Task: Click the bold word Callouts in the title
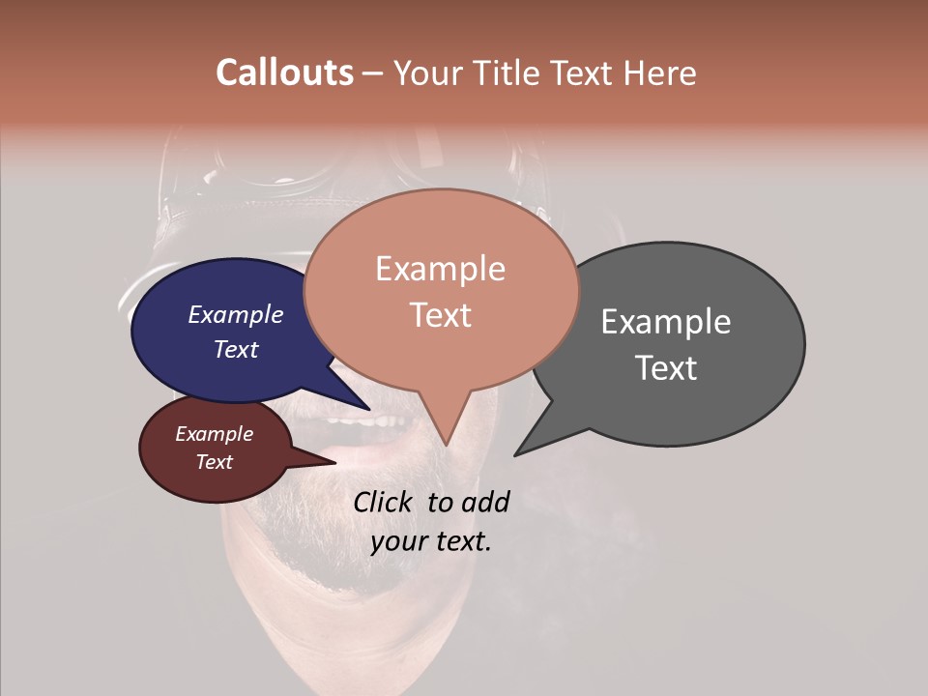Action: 284,72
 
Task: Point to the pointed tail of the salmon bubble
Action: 445,430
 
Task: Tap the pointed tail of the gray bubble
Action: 527,445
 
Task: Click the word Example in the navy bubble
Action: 236,315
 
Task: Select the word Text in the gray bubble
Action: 666,368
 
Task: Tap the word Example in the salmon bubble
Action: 440,269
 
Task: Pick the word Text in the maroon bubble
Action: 215,462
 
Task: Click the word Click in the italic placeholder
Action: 385,502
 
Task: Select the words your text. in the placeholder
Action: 430,541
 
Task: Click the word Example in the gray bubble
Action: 666,322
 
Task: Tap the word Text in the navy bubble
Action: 236,350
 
